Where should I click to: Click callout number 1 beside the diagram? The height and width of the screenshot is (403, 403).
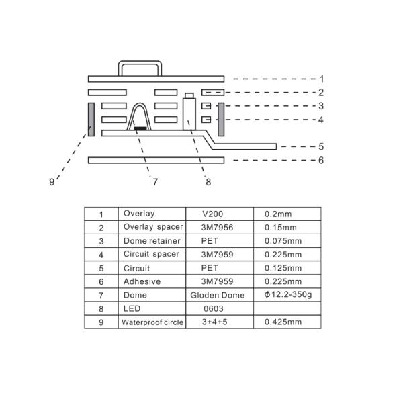[322, 79]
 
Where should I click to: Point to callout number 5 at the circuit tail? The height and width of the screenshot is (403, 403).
[322, 146]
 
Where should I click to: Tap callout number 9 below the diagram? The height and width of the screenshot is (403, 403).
[52, 181]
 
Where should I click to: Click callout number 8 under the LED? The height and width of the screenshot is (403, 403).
[208, 181]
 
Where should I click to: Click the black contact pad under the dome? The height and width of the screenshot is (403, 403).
[141, 128]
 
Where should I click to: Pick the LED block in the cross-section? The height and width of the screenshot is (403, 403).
[189, 111]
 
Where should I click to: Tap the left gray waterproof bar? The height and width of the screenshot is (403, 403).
[89, 120]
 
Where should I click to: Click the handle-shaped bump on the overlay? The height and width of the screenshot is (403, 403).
[140, 68]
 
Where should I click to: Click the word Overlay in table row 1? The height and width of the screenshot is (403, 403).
[138, 214]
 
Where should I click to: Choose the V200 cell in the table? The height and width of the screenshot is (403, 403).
[214, 214]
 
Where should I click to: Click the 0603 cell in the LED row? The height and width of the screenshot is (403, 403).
[213, 308]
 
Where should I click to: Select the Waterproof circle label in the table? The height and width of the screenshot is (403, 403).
[152, 322]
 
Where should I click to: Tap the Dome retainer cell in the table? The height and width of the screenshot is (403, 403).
[152, 240]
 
